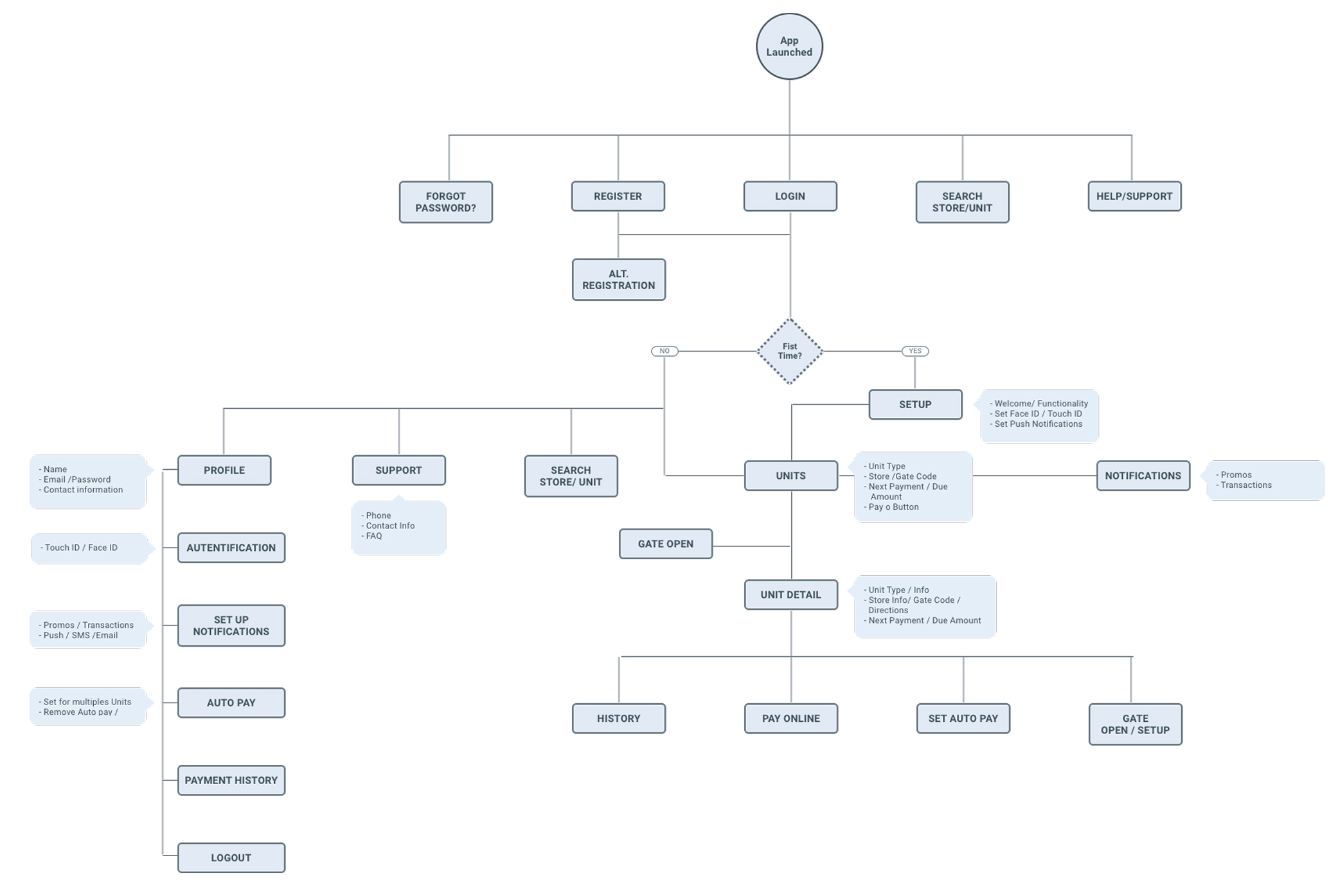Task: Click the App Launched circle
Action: tap(789, 47)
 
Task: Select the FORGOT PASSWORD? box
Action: tap(445, 202)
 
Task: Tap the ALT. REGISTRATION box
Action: tap(618, 280)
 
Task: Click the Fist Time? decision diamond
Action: tap(790, 351)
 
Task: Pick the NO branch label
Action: tap(665, 351)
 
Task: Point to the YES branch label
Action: tap(915, 351)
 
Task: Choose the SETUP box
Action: tap(915, 404)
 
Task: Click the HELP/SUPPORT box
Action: tap(1134, 196)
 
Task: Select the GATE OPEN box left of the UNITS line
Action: tap(666, 544)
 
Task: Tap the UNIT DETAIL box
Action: tap(790, 595)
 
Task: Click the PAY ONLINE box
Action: tap(790, 719)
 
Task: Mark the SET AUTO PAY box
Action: tap(963, 719)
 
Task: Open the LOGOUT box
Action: tap(231, 857)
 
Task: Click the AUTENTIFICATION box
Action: tap(231, 548)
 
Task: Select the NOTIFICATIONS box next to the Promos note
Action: tap(1143, 476)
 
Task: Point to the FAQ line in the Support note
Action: tap(373, 536)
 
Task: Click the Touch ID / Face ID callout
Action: tap(82, 548)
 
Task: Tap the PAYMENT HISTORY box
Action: tap(231, 780)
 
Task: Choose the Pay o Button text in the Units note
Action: tap(893, 507)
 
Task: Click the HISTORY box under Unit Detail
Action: tap(618, 719)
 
